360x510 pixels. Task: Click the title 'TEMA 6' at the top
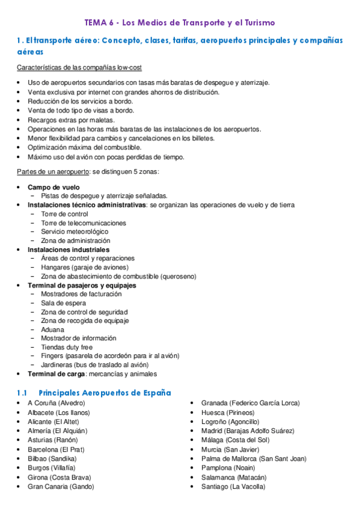100,23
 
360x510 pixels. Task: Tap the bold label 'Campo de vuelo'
53,187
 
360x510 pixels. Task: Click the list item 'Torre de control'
64,214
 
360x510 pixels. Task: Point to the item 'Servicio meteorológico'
75,232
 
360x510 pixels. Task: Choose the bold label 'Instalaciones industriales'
69,249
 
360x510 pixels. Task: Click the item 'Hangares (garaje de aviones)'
84,267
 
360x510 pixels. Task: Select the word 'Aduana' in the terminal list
52,330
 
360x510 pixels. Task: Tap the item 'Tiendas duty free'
67,347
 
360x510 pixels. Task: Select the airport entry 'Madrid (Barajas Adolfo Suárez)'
248,431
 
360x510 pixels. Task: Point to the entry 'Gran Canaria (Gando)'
61,487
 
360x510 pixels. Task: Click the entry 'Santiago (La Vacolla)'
233,487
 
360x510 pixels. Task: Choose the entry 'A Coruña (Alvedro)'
56,402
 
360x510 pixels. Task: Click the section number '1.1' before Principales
22,392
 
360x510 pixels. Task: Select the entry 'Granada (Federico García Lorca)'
250,402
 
